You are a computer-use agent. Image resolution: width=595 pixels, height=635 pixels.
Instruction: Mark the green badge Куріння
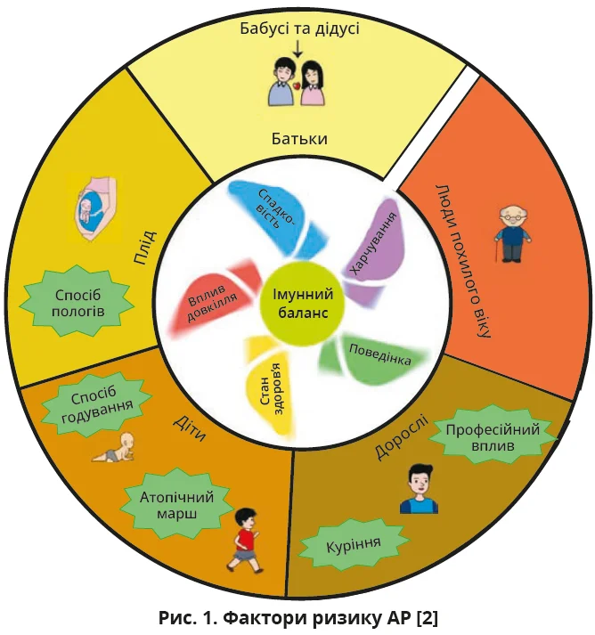353,544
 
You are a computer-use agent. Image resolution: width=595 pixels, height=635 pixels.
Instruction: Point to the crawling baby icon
119,447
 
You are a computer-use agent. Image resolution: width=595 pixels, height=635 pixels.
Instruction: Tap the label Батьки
299,140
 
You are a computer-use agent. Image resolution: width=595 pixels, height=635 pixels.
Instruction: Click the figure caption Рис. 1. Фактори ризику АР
296,617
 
